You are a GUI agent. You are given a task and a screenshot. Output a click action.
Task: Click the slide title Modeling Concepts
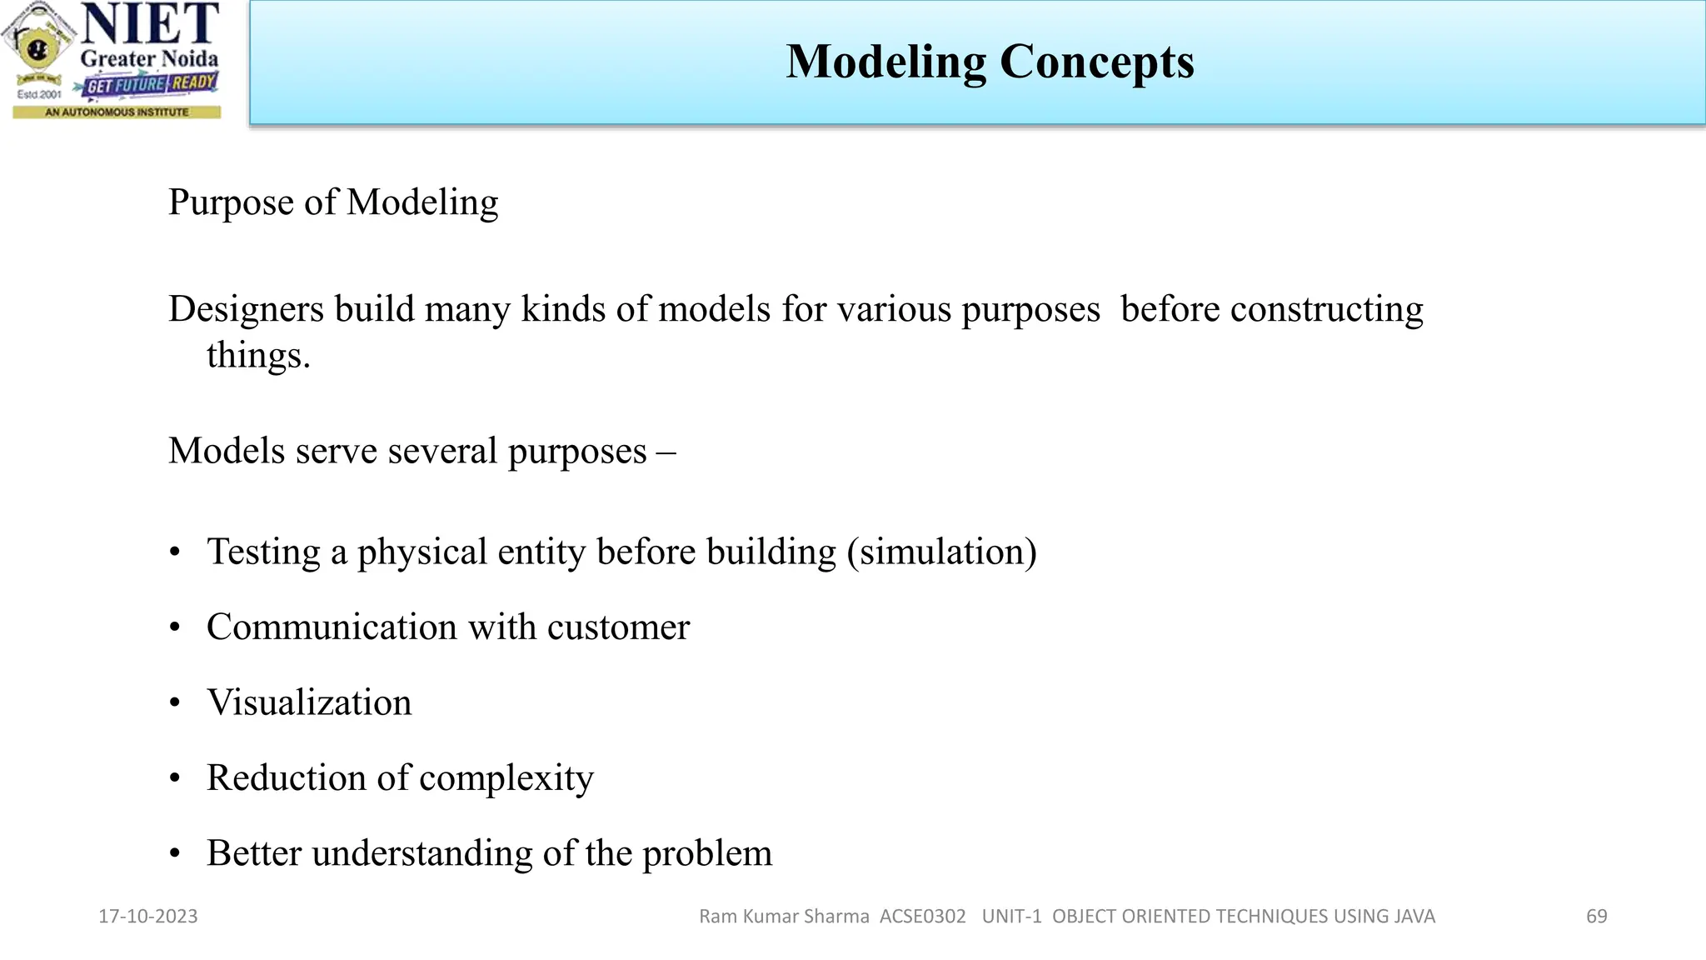(x=990, y=62)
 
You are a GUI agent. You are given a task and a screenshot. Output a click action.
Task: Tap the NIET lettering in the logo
(x=150, y=24)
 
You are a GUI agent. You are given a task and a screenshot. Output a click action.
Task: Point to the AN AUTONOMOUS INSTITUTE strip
(x=117, y=112)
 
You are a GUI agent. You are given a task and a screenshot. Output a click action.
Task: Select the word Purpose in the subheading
(x=230, y=202)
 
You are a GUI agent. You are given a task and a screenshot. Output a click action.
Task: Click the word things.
(x=257, y=356)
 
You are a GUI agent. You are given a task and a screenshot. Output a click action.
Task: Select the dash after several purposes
(x=666, y=452)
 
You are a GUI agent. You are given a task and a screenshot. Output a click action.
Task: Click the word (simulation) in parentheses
(x=941, y=552)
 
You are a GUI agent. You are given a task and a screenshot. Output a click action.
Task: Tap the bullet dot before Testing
(x=175, y=552)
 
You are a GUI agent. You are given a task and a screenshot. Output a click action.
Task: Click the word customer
(x=618, y=627)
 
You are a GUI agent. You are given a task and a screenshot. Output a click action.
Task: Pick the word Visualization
(x=309, y=702)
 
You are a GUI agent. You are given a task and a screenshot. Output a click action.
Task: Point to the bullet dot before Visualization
(x=175, y=703)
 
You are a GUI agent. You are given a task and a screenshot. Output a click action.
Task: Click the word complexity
(x=506, y=778)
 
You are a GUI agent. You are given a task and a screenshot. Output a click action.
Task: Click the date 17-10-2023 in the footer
(x=148, y=917)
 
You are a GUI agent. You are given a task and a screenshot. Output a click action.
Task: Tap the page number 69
(x=1596, y=917)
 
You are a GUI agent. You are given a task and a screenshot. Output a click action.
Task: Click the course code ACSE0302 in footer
(x=922, y=917)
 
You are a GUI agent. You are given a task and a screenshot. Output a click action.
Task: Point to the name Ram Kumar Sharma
(x=784, y=917)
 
